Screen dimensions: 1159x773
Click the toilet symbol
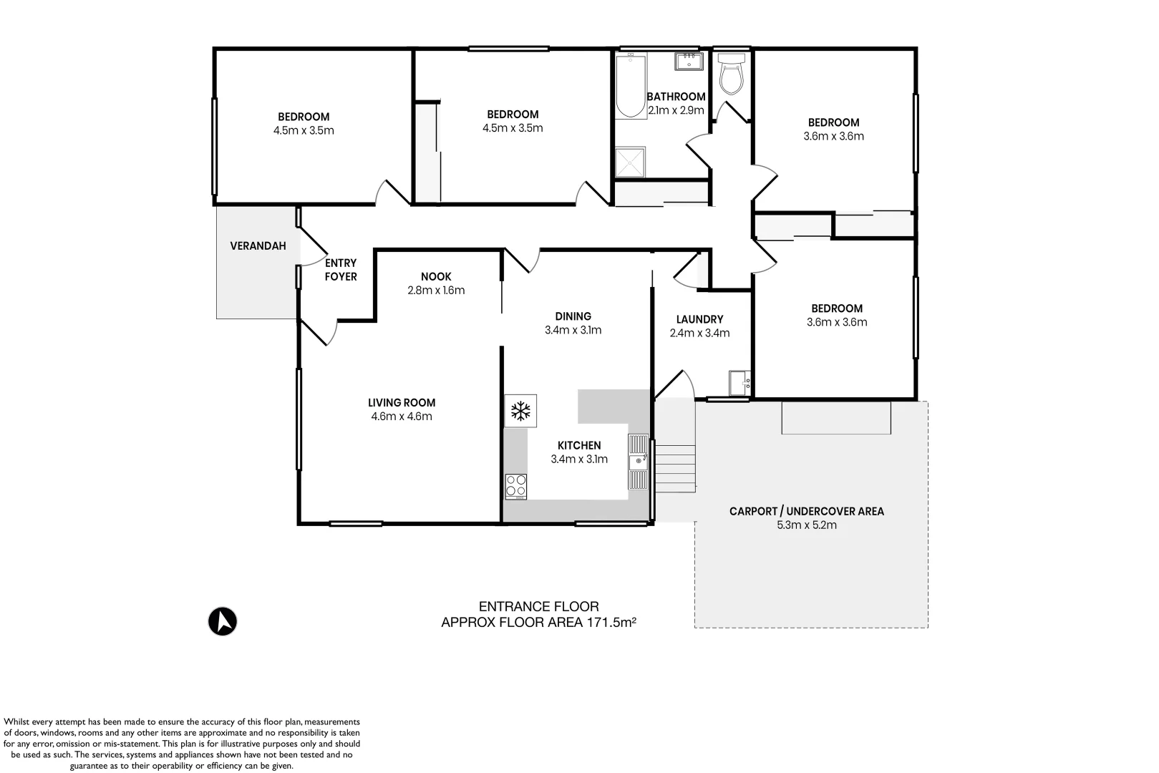pyautogui.click(x=732, y=74)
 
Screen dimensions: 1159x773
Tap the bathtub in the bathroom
pyautogui.click(x=631, y=86)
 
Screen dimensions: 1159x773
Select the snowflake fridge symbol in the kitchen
pyautogui.click(x=520, y=411)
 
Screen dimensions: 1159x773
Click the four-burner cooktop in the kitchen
pyautogui.click(x=516, y=487)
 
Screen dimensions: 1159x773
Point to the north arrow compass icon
pyautogui.click(x=223, y=621)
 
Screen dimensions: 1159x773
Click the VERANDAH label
pyautogui.click(x=258, y=245)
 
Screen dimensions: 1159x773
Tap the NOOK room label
pyautogui.click(x=436, y=277)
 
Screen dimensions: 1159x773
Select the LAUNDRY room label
pyautogui.click(x=699, y=319)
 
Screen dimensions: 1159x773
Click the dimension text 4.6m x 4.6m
pyautogui.click(x=402, y=416)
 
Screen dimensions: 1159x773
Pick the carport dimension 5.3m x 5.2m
pyautogui.click(x=807, y=525)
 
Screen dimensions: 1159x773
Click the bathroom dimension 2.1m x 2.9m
pyautogui.click(x=677, y=110)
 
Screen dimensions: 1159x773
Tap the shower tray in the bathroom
pyautogui.click(x=630, y=162)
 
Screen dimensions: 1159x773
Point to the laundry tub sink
pyautogui.click(x=739, y=383)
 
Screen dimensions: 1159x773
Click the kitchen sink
pyautogui.click(x=638, y=462)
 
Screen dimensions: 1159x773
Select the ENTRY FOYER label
pyautogui.click(x=341, y=270)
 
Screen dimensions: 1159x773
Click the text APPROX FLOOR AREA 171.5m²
pyautogui.click(x=538, y=622)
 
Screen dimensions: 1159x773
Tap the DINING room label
pyautogui.click(x=573, y=316)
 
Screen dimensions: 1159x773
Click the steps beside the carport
pyautogui.click(x=675, y=469)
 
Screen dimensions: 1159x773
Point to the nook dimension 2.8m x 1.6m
pyautogui.click(x=436, y=291)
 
